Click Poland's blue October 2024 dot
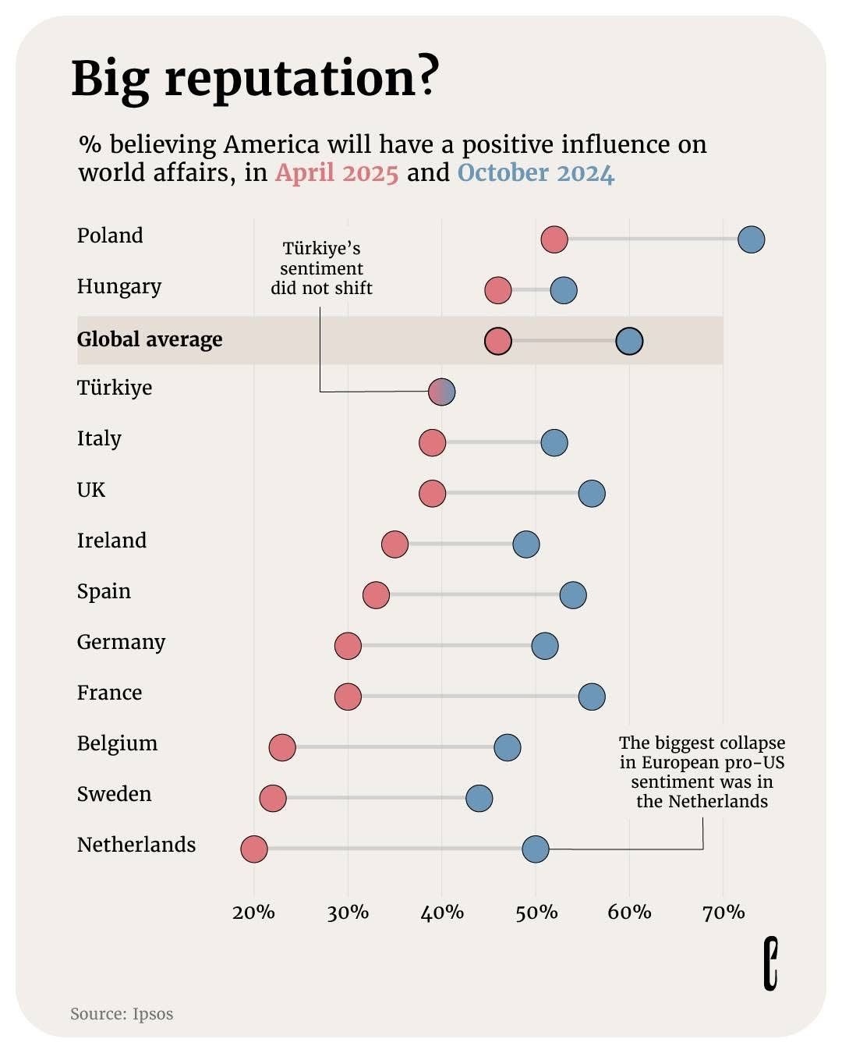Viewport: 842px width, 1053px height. click(751, 239)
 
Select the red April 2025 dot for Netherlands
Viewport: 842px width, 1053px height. click(253, 849)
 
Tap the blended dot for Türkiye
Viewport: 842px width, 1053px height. click(441, 392)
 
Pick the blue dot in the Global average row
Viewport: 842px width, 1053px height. click(629, 341)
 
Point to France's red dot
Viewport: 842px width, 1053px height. click(348, 697)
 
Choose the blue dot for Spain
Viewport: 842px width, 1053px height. click(573, 595)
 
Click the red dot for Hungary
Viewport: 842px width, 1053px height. click(497, 290)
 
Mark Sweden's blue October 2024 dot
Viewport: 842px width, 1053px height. click(479, 798)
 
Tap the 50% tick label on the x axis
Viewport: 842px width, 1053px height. click(536, 912)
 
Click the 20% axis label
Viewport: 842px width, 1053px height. click(253, 912)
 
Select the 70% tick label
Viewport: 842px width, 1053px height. click(723, 912)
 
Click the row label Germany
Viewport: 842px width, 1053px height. click(121, 642)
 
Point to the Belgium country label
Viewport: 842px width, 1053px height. click(117, 743)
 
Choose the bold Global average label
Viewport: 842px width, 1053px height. click(150, 339)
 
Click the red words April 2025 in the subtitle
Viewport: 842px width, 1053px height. click(337, 172)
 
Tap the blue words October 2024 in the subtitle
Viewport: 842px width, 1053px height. click(536, 172)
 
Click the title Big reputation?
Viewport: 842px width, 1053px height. click(255, 78)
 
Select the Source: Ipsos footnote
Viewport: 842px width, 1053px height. click(122, 1014)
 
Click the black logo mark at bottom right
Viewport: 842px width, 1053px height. click(770, 964)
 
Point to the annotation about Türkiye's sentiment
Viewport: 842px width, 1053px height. click(321, 268)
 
